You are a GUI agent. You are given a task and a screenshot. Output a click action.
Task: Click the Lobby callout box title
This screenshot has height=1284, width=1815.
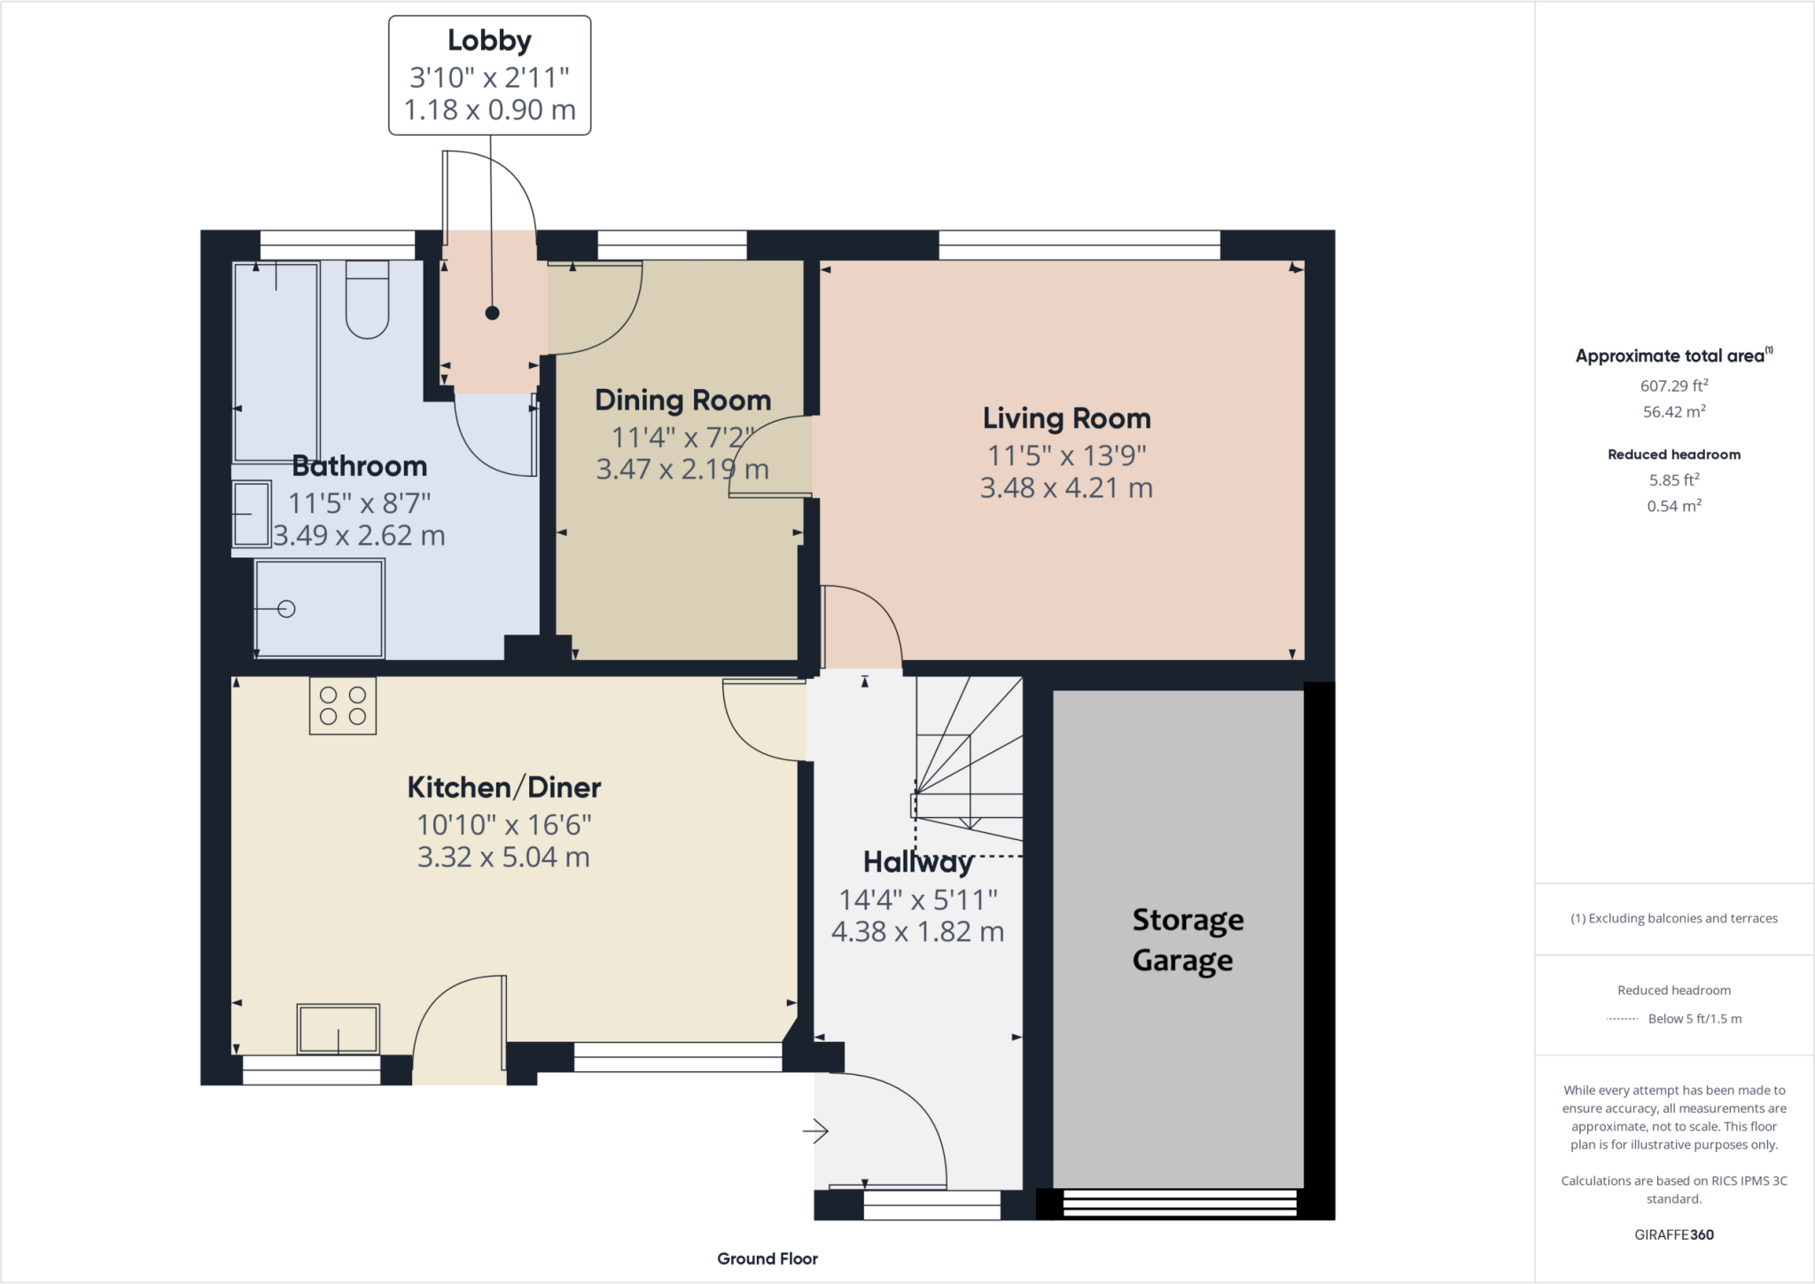(489, 41)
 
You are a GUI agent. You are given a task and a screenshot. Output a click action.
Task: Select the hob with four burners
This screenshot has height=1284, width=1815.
(343, 706)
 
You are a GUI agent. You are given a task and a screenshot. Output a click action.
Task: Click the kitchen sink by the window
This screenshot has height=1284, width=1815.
(338, 1029)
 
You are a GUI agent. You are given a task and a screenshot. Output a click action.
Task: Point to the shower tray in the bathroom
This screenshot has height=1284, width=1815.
(320, 609)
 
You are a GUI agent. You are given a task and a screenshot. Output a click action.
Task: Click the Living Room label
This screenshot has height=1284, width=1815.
(1066, 418)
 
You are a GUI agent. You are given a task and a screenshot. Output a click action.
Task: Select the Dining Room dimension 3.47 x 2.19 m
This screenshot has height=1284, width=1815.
(682, 469)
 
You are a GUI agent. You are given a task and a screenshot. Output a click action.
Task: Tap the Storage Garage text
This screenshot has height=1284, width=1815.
(1187, 940)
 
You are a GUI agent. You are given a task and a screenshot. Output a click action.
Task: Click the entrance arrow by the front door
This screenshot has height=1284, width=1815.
(815, 1131)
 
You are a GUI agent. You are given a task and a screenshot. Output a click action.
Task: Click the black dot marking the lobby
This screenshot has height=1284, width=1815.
(492, 313)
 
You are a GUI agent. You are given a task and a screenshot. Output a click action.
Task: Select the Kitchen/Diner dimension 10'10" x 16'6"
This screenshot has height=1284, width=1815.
(503, 825)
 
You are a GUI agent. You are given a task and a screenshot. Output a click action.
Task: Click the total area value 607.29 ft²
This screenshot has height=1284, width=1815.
(1673, 385)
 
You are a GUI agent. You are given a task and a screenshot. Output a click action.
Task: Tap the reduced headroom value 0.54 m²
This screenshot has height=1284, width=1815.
(1673, 506)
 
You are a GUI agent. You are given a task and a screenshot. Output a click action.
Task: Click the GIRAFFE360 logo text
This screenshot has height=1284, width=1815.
(1673, 1234)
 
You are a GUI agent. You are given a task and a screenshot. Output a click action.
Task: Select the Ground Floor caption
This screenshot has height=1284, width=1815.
(767, 1258)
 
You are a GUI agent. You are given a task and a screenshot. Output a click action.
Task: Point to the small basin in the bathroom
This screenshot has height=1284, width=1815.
(252, 514)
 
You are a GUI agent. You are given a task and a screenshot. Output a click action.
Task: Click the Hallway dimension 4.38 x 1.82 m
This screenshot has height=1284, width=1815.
(917, 932)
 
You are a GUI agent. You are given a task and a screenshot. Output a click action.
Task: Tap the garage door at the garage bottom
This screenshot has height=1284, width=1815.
(1179, 1203)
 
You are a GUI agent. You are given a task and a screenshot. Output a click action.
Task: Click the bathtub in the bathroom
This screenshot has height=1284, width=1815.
(276, 363)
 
